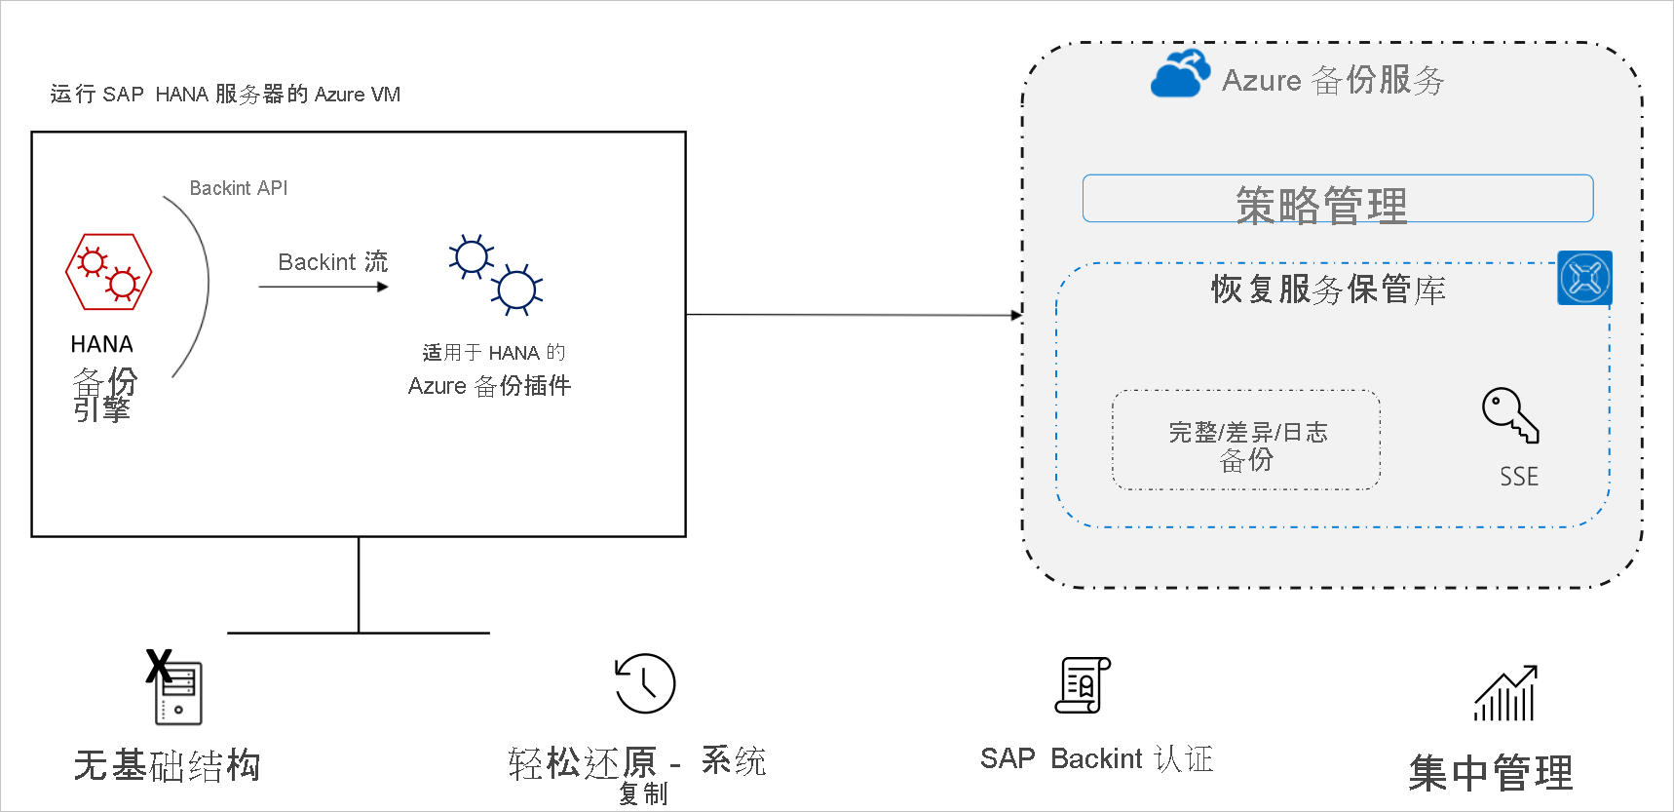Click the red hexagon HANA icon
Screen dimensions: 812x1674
[x=108, y=272]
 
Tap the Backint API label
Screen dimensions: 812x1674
[x=239, y=188]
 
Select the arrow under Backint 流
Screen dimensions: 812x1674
[x=323, y=287]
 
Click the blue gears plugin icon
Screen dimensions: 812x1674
[x=495, y=275]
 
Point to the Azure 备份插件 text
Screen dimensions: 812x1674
[x=489, y=386]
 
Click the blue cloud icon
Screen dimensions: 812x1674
[x=1180, y=73]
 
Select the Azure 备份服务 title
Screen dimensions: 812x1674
[x=1333, y=80]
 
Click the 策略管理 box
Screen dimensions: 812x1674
[x=1337, y=199]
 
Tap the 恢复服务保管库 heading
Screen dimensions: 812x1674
[x=1328, y=290]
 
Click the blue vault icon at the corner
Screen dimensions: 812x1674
[x=1584, y=278]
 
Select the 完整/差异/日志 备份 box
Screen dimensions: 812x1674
[x=1246, y=441]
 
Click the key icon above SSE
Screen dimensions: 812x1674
[x=1509, y=414]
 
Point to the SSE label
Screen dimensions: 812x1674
[x=1518, y=477]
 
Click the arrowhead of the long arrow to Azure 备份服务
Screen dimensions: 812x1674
[x=1016, y=315]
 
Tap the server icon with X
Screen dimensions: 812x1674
[x=175, y=690]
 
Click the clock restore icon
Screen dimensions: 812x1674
[x=645, y=683]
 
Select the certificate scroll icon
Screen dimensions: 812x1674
[x=1083, y=685]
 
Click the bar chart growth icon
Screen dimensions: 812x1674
[x=1505, y=694]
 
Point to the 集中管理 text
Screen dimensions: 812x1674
[x=1490, y=774]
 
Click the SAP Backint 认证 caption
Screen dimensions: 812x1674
[x=1096, y=758]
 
